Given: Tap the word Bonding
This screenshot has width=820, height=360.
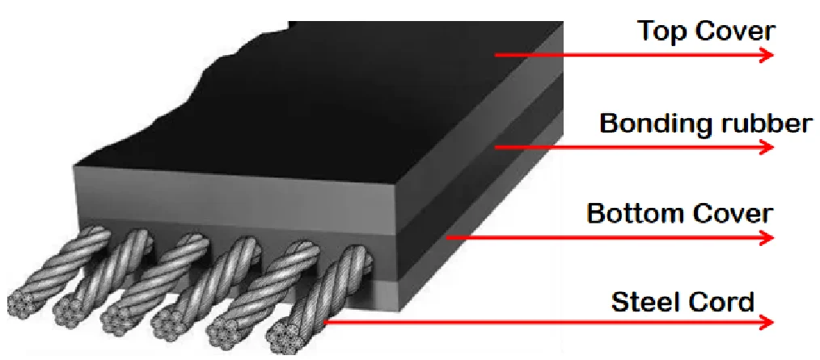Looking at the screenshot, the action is click(x=649, y=125).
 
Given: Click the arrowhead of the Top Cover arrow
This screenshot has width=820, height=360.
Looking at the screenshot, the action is click(x=766, y=55).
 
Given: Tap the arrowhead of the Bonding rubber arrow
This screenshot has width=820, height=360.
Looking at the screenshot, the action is click(x=766, y=147).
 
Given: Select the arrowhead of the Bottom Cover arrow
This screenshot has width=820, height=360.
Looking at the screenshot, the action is click(x=766, y=238).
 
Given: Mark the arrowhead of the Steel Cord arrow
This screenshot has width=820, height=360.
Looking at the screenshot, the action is click(x=766, y=322).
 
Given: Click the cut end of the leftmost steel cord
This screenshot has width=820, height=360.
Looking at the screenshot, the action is click(x=22, y=303).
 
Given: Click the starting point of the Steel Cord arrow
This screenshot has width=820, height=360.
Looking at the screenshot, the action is click(x=325, y=322).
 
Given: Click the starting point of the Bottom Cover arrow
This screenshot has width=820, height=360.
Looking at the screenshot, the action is click(x=447, y=238).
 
